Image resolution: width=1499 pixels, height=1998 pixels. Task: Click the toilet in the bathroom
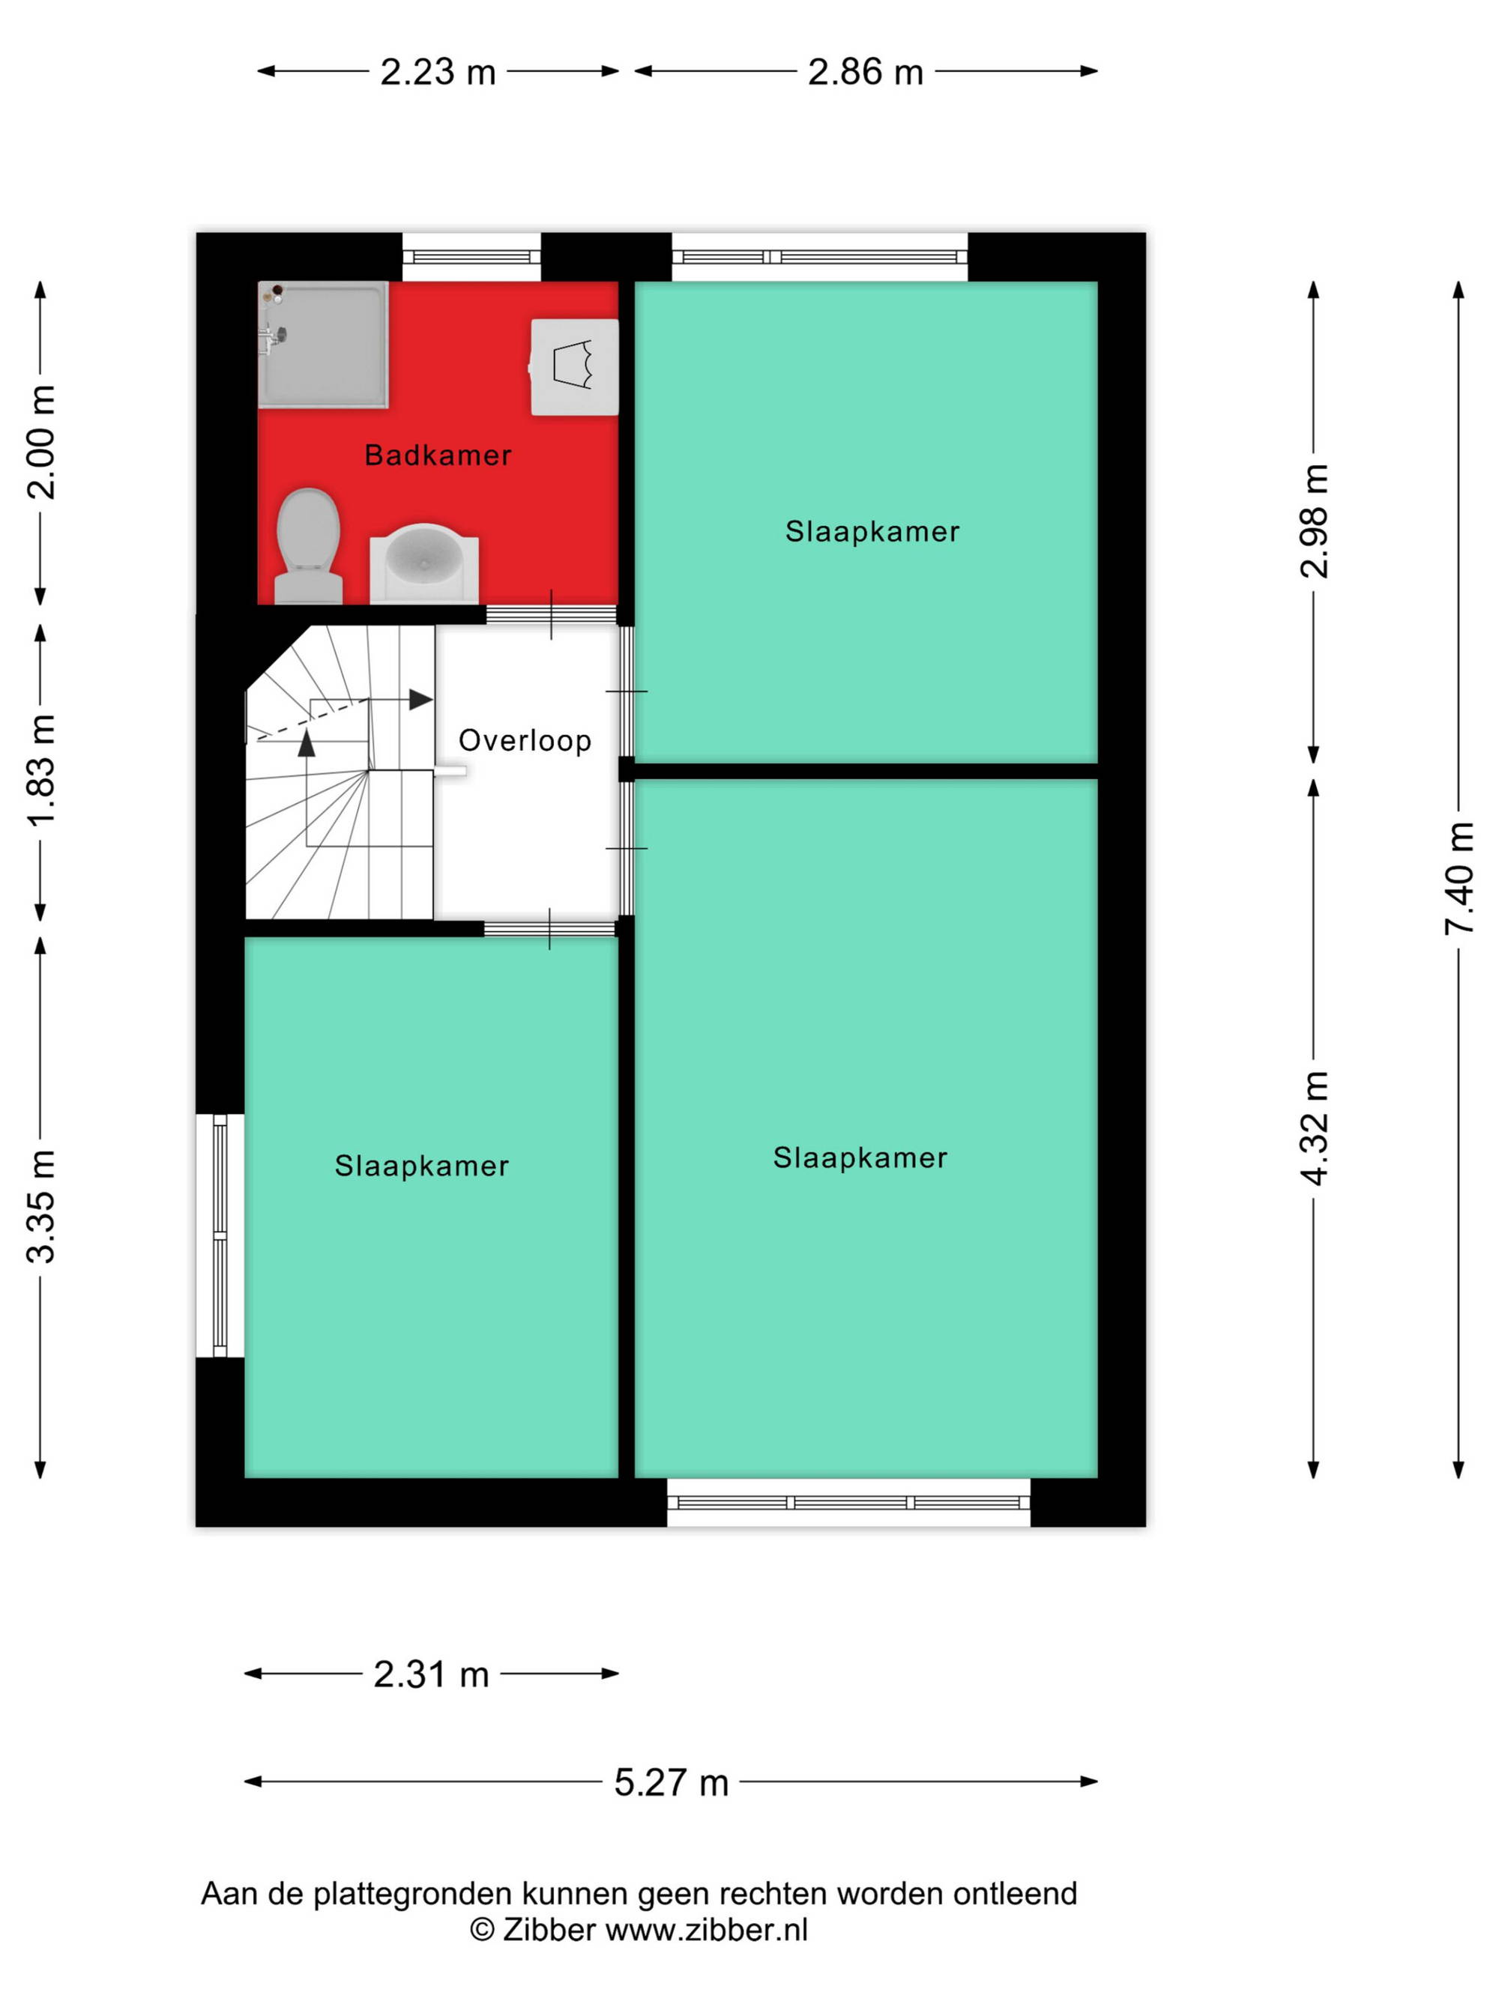coord(308,545)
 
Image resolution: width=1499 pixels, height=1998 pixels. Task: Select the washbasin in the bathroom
coord(423,563)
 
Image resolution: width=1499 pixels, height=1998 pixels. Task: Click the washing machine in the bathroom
coord(574,367)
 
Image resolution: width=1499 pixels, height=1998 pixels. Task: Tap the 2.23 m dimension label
coord(438,72)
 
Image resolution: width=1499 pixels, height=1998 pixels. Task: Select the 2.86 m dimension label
coord(866,72)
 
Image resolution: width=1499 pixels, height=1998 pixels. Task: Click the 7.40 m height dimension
coord(1459,879)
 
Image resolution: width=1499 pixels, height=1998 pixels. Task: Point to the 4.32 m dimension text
coord(1314,1128)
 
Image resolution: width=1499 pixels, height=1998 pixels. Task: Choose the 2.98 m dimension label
coord(1314,521)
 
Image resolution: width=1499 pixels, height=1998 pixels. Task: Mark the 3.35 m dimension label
coord(40,1206)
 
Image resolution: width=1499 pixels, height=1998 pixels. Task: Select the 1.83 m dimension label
coord(40,769)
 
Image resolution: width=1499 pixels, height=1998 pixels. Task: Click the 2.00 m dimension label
coord(40,442)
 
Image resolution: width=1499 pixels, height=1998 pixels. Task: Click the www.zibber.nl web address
coord(707,1929)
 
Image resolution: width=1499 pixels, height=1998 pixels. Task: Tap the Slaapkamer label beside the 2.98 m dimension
coord(872,531)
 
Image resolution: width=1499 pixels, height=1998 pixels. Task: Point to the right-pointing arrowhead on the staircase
coord(421,699)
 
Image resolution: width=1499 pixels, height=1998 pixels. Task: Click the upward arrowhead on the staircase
coord(307,742)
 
